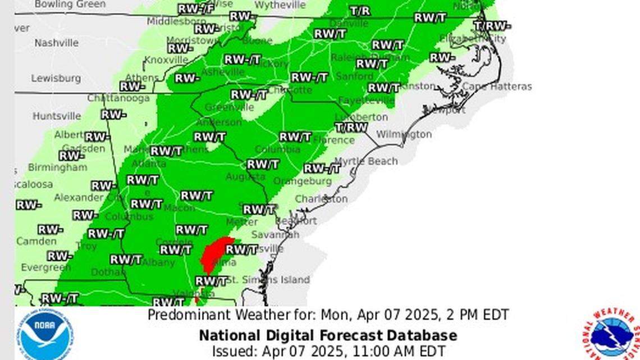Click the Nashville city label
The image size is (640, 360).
coord(56,43)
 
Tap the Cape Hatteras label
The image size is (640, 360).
coord(496,86)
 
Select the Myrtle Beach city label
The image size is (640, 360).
coord(367,161)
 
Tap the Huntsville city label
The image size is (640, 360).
coord(56,116)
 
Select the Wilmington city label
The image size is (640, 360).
coord(403,134)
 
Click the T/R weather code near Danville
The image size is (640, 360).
coord(359,11)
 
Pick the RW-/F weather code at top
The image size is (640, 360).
coord(196,9)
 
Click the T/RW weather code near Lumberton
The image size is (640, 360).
coord(351,127)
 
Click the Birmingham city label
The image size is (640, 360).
coord(57,167)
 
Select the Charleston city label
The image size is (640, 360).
coord(321,199)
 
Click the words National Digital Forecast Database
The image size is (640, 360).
coord(328,336)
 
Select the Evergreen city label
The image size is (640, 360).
coord(46,268)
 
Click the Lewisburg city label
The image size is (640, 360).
coord(56,79)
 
